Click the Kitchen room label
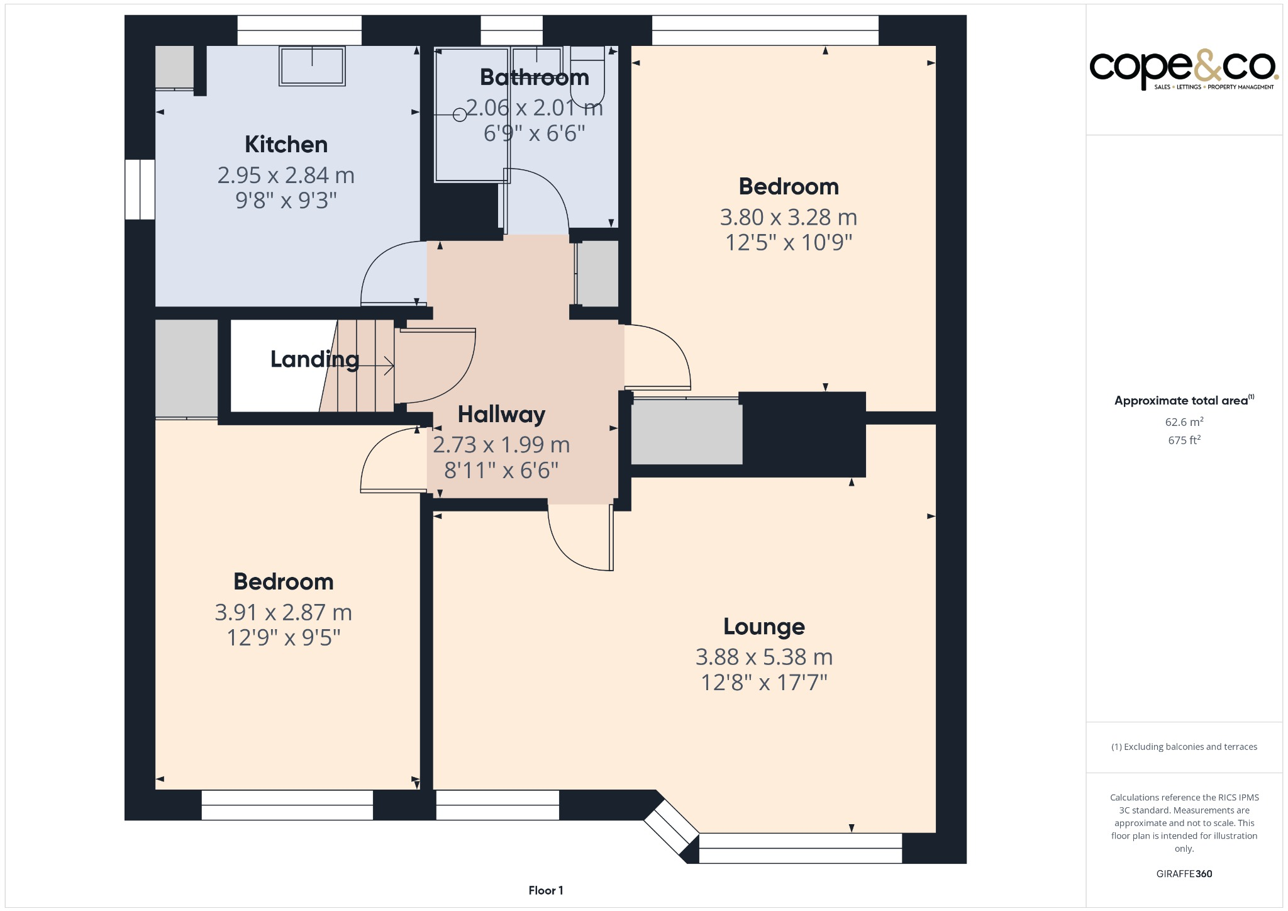coord(286,145)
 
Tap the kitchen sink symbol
coord(312,65)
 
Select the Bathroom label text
coord(534,77)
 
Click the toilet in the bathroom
coord(587,75)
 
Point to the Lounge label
coord(763,627)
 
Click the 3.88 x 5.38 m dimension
coord(763,657)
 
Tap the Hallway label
coord(501,415)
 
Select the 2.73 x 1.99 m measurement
coord(501,445)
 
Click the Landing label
coord(314,359)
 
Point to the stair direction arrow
coord(377,366)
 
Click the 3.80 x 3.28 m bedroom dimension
coord(788,218)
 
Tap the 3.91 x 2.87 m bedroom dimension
coord(283,612)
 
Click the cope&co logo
coord(1183,68)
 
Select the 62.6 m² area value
coord(1184,422)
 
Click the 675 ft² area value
coord(1184,440)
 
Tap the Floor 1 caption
coord(545,890)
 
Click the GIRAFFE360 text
coord(1184,874)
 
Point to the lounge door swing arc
coord(569,554)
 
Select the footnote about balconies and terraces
coord(1184,747)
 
